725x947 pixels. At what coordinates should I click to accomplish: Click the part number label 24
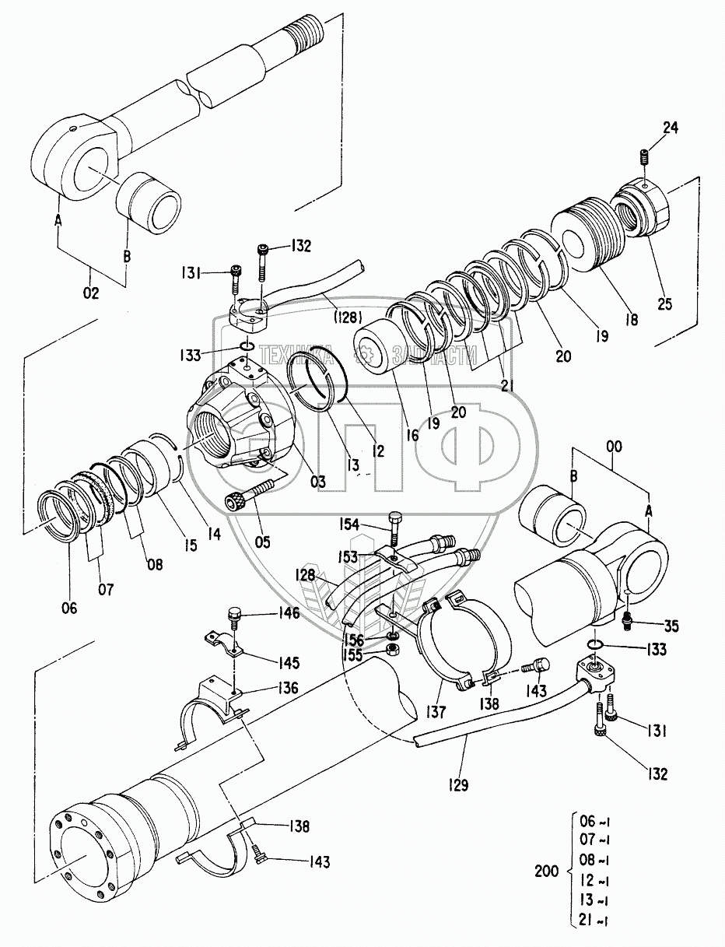pyautogui.click(x=671, y=129)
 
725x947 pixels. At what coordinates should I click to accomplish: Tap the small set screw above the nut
pyautogui.click(x=645, y=157)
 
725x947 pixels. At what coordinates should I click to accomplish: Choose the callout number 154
pyautogui.click(x=348, y=524)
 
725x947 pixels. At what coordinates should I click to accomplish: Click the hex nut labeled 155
pyautogui.click(x=394, y=647)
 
